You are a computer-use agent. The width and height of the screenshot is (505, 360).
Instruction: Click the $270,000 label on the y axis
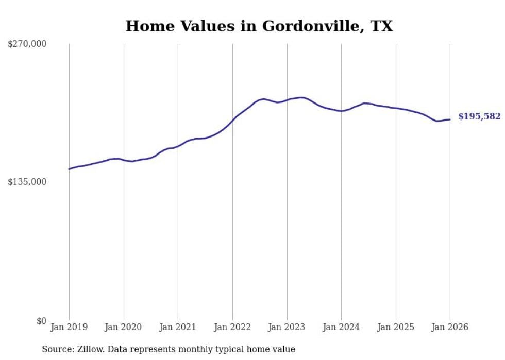[x=27, y=44]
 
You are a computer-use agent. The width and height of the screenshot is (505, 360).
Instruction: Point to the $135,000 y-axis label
[x=27, y=182]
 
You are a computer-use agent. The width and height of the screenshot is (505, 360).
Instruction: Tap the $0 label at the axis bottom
[x=41, y=321]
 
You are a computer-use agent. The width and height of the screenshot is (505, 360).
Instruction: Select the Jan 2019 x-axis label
[x=69, y=327]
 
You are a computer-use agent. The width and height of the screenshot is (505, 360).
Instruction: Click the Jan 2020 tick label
[x=124, y=327]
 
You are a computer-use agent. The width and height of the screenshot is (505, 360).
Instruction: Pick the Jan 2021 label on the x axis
[x=178, y=327]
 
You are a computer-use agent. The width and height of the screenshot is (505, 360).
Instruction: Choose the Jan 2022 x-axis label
[x=232, y=327]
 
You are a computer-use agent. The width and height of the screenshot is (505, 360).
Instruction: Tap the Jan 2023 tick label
[x=287, y=327]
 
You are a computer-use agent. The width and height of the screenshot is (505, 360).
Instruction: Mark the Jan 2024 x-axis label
[x=341, y=327]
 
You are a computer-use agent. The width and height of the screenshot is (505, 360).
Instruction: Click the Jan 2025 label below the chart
[x=396, y=327]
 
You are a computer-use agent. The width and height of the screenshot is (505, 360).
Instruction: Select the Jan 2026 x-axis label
[x=450, y=327]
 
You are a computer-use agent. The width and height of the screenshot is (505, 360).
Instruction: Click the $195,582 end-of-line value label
[x=479, y=117]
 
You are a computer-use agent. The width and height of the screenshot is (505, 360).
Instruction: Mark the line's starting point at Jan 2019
[x=69, y=169]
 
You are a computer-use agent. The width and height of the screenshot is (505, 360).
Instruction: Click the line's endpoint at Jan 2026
[x=450, y=119]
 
